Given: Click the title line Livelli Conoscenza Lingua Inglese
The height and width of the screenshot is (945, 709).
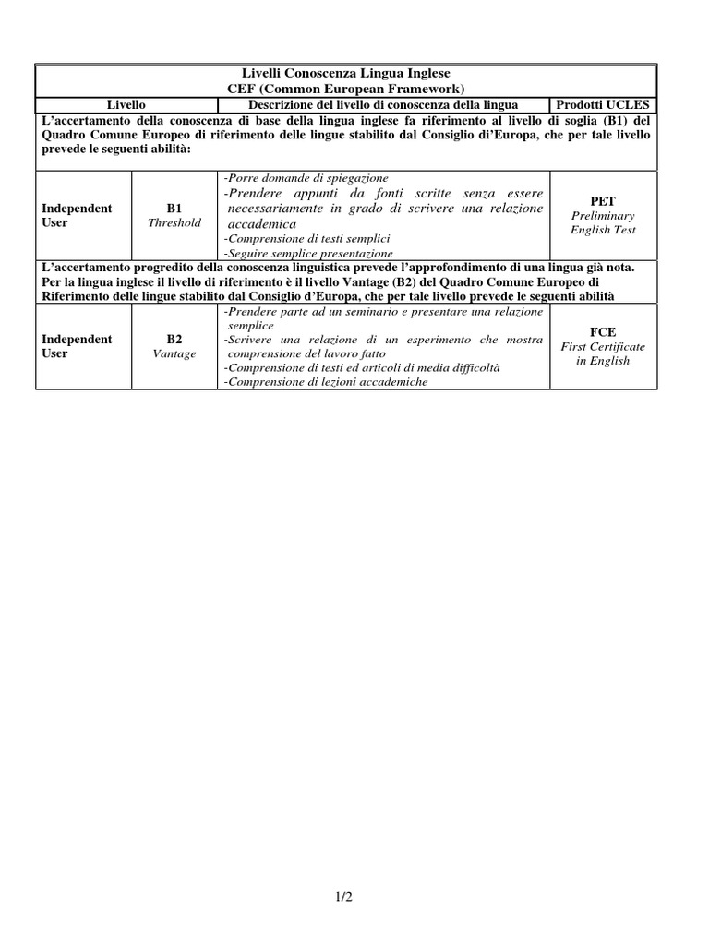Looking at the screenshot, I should tap(346, 72).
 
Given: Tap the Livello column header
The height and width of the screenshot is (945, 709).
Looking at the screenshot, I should tap(126, 105).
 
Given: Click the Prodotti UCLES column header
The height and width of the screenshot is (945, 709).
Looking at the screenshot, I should tap(603, 105).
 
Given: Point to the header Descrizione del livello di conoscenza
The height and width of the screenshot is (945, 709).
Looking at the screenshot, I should tap(379, 105).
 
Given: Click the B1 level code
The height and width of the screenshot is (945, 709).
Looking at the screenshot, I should tap(174, 209).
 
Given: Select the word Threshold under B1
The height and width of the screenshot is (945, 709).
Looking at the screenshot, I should tap(174, 223).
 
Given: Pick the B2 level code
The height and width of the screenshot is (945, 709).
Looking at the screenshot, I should tap(174, 340).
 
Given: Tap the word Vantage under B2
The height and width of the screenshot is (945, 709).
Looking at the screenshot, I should tap(174, 354).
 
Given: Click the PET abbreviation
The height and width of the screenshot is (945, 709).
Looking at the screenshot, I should tap(603, 201).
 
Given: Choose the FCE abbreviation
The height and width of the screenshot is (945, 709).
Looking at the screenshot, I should tap(603, 331).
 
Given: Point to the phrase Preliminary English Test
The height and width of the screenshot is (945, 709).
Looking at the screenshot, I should tap(603, 222).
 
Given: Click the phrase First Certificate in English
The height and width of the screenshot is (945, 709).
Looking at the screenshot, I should tap(603, 353).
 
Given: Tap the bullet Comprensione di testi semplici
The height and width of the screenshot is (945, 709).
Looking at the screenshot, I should tap(308, 238).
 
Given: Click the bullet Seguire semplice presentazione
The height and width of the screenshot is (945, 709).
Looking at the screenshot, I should tap(310, 253).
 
